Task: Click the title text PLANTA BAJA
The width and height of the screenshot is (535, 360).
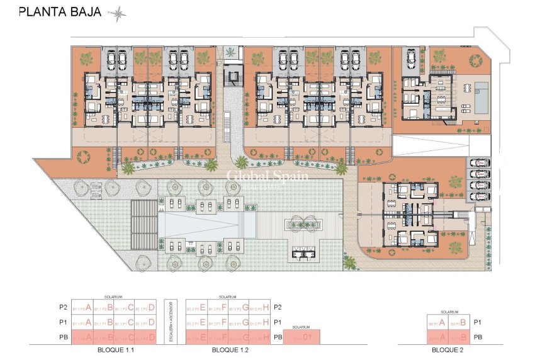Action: [59, 12]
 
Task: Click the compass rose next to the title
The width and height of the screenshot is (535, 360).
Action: [117, 12]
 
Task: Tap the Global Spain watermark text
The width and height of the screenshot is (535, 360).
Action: [267, 176]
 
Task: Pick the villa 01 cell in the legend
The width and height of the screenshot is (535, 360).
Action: [302, 337]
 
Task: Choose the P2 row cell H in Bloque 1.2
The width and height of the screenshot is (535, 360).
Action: [260, 308]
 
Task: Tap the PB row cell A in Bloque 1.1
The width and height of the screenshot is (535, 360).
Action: [82, 337]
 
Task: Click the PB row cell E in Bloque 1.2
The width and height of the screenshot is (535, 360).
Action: [196, 337]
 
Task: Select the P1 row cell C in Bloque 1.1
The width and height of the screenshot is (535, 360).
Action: [125, 322]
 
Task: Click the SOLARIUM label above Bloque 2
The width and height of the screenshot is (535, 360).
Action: [448, 311]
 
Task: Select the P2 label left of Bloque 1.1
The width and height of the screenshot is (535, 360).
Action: [62, 308]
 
